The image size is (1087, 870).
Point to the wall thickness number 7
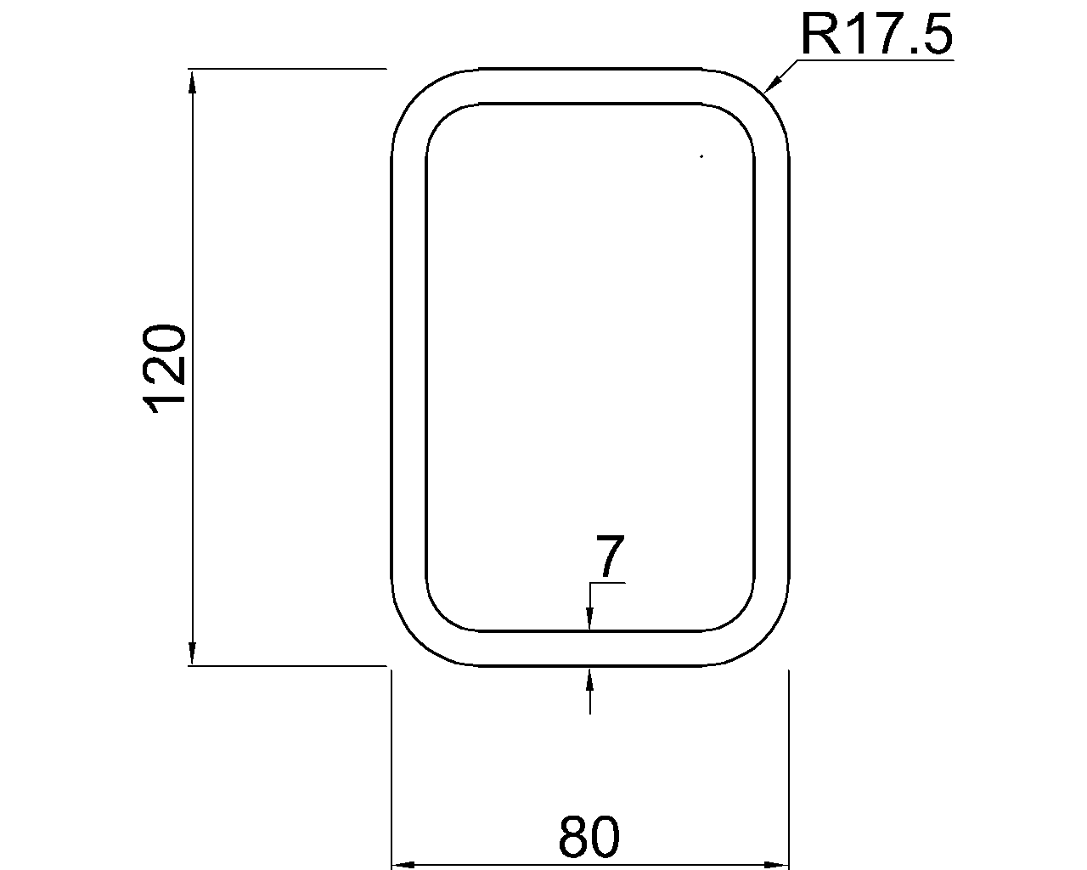(x=608, y=557)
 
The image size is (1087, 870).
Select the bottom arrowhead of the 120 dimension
(x=193, y=651)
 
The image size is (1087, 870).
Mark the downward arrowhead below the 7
(x=589, y=620)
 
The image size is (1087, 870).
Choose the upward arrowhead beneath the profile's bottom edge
(x=589, y=679)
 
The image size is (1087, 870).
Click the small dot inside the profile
(x=701, y=156)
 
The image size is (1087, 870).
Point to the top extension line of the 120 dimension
(x=289, y=68)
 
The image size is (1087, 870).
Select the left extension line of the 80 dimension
(x=391, y=765)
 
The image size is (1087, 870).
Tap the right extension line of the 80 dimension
(x=790, y=765)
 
